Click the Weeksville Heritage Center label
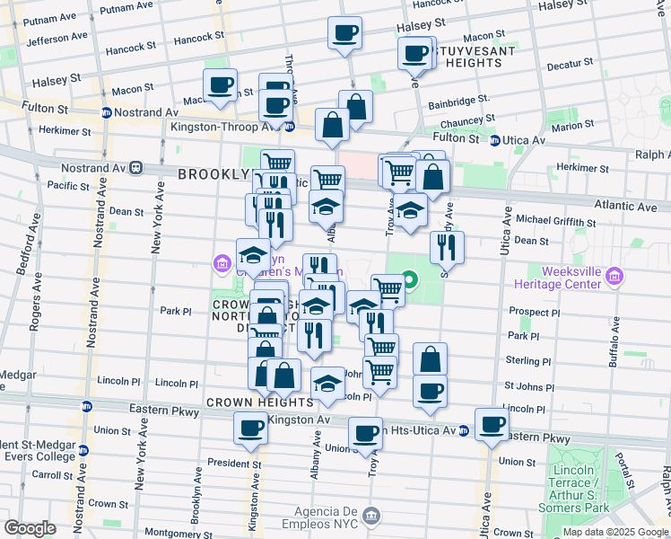(571, 278)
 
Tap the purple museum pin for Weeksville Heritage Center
(614, 275)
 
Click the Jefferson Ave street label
(57, 40)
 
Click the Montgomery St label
(174, 533)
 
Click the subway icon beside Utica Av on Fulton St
(495, 139)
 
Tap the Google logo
(30, 528)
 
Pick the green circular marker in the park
(410, 283)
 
